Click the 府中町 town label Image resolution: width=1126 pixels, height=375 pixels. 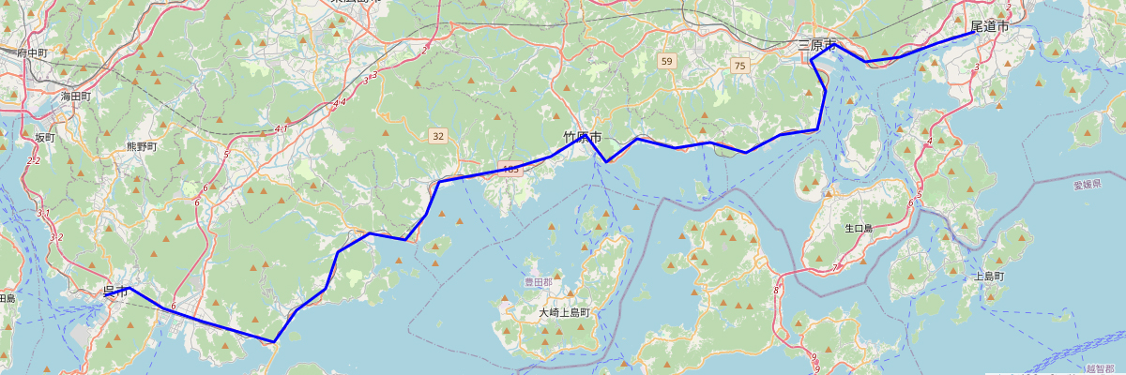(32, 53)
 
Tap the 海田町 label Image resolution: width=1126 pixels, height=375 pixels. (76, 96)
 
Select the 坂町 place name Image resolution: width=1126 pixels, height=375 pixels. (45, 137)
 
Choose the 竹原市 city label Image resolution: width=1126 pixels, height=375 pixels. (582, 138)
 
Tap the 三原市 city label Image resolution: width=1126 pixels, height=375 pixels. (816, 45)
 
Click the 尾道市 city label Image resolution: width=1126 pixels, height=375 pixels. (989, 27)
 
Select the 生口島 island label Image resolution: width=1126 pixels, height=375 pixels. (859, 228)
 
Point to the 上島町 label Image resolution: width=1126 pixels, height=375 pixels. (990, 277)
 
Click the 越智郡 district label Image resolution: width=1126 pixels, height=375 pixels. (1102, 369)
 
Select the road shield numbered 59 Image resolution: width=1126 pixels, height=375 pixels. (666, 61)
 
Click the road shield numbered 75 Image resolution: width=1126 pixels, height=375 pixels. (740, 65)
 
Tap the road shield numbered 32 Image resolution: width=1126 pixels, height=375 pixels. (438, 136)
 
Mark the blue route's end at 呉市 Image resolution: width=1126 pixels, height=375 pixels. (105, 295)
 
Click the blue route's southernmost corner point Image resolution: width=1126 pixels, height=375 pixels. (273, 342)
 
